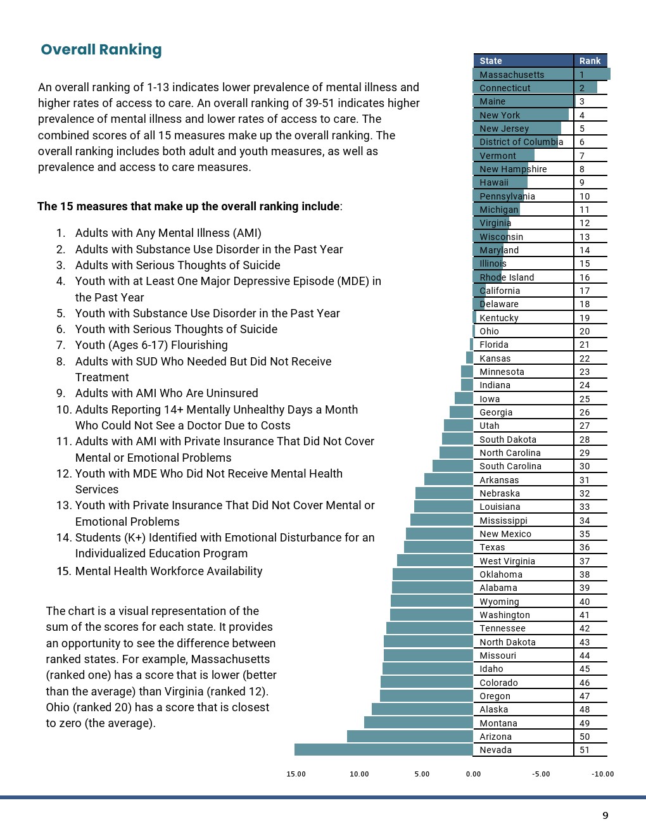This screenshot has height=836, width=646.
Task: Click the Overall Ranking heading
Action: point(101,49)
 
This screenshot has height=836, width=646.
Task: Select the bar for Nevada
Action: point(383,750)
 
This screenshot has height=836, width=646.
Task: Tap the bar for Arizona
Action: point(410,737)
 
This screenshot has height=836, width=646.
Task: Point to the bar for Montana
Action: point(418,723)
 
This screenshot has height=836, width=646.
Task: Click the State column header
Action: point(491,61)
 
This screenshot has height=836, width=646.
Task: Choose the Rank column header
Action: point(590,61)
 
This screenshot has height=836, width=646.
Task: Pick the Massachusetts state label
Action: point(512,75)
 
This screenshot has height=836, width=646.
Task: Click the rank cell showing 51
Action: point(585,750)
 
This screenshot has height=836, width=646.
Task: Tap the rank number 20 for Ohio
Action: point(585,331)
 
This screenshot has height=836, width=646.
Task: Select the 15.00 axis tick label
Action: point(296,774)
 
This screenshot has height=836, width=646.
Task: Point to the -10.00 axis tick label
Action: point(602,774)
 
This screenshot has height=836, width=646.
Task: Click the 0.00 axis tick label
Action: point(473,774)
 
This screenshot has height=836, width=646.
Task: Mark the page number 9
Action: point(605,816)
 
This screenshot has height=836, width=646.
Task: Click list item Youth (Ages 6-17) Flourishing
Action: point(151,345)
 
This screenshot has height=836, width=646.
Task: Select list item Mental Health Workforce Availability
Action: point(168,571)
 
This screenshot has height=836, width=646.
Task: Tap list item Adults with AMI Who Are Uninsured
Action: point(167,393)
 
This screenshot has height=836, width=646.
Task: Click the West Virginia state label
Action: point(507,561)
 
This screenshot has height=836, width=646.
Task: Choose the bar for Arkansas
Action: point(448,480)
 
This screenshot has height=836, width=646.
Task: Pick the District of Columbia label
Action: point(521,142)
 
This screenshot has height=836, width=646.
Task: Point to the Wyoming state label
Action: point(499,602)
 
